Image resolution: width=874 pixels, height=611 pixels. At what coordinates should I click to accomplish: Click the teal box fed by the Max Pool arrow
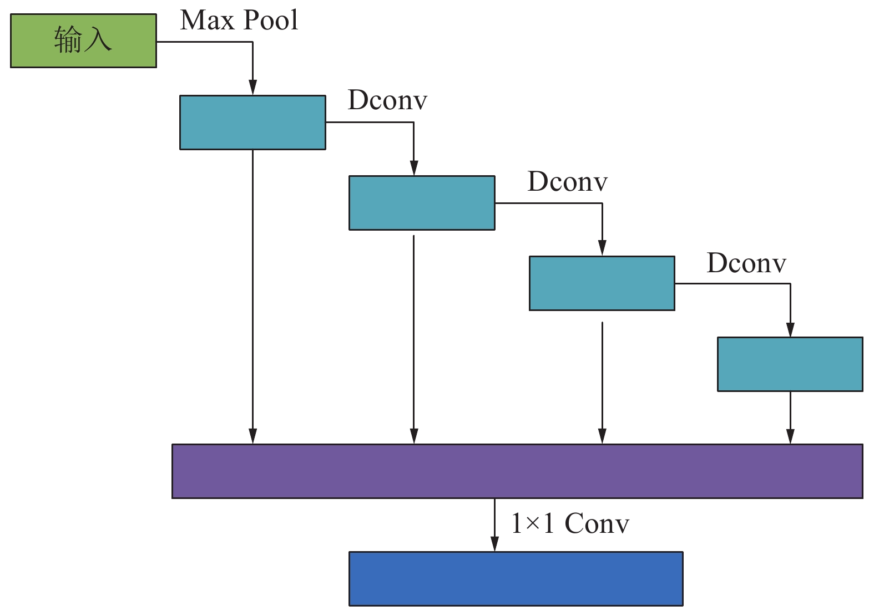click(x=252, y=123)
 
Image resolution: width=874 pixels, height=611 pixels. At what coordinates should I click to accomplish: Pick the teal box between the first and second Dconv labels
click(x=422, y=203)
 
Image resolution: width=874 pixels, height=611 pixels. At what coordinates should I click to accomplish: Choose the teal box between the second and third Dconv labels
click(x=602, y=283)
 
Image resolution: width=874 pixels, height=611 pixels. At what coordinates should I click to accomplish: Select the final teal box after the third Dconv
click(x=790, y=364)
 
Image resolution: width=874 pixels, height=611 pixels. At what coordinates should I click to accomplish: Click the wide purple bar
click(x=517, y=471)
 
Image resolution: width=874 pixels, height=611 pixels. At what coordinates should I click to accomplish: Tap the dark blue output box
click(x=516, y=578)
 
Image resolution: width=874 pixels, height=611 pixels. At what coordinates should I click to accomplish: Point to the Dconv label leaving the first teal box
click(x=387, y=100)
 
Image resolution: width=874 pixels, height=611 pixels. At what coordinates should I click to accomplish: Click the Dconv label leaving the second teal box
click(x=567, y=182)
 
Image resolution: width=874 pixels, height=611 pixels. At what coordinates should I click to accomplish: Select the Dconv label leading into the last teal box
click(x=746, y=263)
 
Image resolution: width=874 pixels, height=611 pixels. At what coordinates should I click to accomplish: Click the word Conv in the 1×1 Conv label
click(x=597, y=523)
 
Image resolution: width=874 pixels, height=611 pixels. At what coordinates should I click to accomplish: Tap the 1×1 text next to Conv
click(x=532, y=523)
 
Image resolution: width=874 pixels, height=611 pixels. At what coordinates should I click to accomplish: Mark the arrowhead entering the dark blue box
click(x=494, y=544)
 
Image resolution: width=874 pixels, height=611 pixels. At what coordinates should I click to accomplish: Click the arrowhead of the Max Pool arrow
click(x=252, y=88)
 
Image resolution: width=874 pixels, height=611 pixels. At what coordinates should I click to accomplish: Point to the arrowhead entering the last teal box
click(x=790, y=329)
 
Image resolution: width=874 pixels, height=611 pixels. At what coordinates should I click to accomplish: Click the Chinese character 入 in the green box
click(x=98, y=40)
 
